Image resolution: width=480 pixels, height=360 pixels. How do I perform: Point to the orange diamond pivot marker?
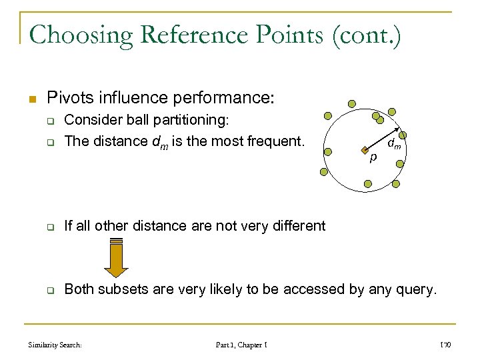[365, 150]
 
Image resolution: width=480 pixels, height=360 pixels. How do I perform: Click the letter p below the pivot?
[373, 158]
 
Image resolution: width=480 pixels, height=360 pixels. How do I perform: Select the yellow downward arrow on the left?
[117, 257]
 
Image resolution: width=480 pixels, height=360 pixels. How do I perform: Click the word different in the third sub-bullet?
[299, 226]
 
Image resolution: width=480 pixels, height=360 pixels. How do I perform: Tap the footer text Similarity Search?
[55, 345]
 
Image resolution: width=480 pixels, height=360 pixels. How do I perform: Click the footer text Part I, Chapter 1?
[241, 345]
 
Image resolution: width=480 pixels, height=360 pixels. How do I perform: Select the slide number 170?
[446, 345]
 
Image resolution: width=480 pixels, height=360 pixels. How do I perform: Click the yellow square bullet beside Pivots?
[31, 99]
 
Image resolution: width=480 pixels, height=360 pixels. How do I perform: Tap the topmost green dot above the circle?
[351, 103]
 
